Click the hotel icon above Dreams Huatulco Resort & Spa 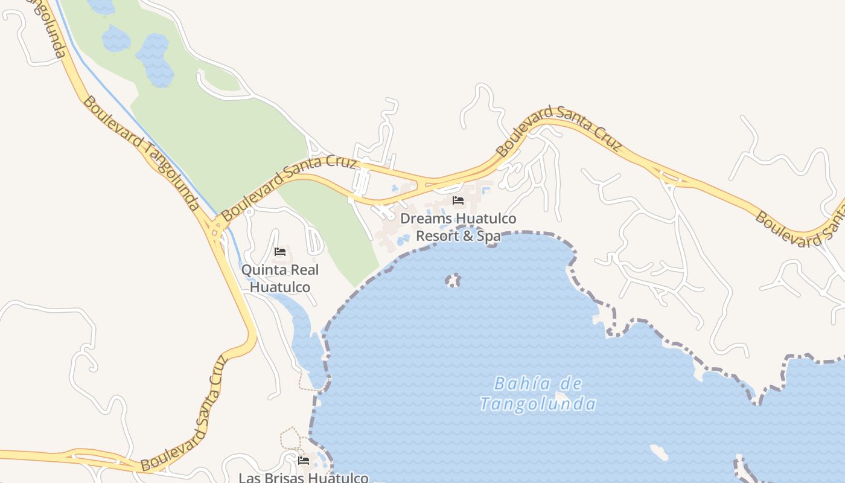pyautogui.click(x=458, y=200)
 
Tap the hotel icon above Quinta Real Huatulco pyautogui.click(x=280, y=252)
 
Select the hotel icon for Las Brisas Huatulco pyautogui.click(x=304, y=461)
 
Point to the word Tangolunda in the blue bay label pyautogui.click(x=538, y=404)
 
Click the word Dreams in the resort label pyautogui.click(x=426, y=218)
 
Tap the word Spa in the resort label pyautogui.click(x=489, y=236)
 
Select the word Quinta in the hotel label pyautogui.click(x=264, y=270)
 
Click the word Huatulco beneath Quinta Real pyautogui.click(x=280, y=287)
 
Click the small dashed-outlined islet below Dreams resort pyautogui.click(x=453, y=280)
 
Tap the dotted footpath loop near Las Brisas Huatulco pyautogui.click(x=290, y=438)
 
